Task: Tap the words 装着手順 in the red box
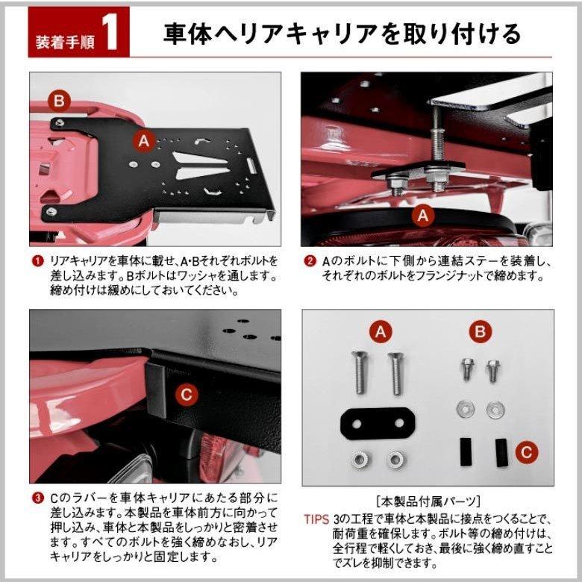pos(65,42)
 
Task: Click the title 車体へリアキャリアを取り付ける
pos(342,34)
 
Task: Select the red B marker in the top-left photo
pos(60,101)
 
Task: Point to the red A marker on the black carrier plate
pos(144,142)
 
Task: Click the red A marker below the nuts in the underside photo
pos(423,216)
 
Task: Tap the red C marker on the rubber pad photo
pos(187,394)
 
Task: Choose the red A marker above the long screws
pos(381,332)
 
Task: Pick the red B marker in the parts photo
pos(480,331)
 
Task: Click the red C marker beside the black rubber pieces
pos(526,452)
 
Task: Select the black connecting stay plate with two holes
pos(377,424)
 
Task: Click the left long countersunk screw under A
pos(360,372)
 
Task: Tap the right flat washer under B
pos(495,410)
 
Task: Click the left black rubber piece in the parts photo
pos(466,451)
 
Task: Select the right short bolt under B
pos(493,371)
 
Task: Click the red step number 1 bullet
pos(37,261)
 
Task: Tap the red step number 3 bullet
pos(37,498)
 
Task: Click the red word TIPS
pos(316,519)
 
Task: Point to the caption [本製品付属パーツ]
pos(428,502)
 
